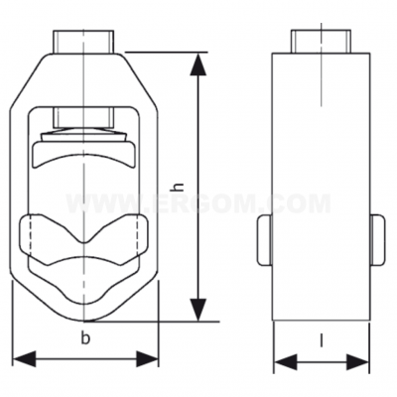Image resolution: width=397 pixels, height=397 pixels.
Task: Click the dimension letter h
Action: pos(180,186)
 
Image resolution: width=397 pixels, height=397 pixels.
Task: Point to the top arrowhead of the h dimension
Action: pos(199,62)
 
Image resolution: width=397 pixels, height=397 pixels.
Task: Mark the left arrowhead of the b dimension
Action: pos(22,357)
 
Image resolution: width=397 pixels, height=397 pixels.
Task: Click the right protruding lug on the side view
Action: pos(378,239)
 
